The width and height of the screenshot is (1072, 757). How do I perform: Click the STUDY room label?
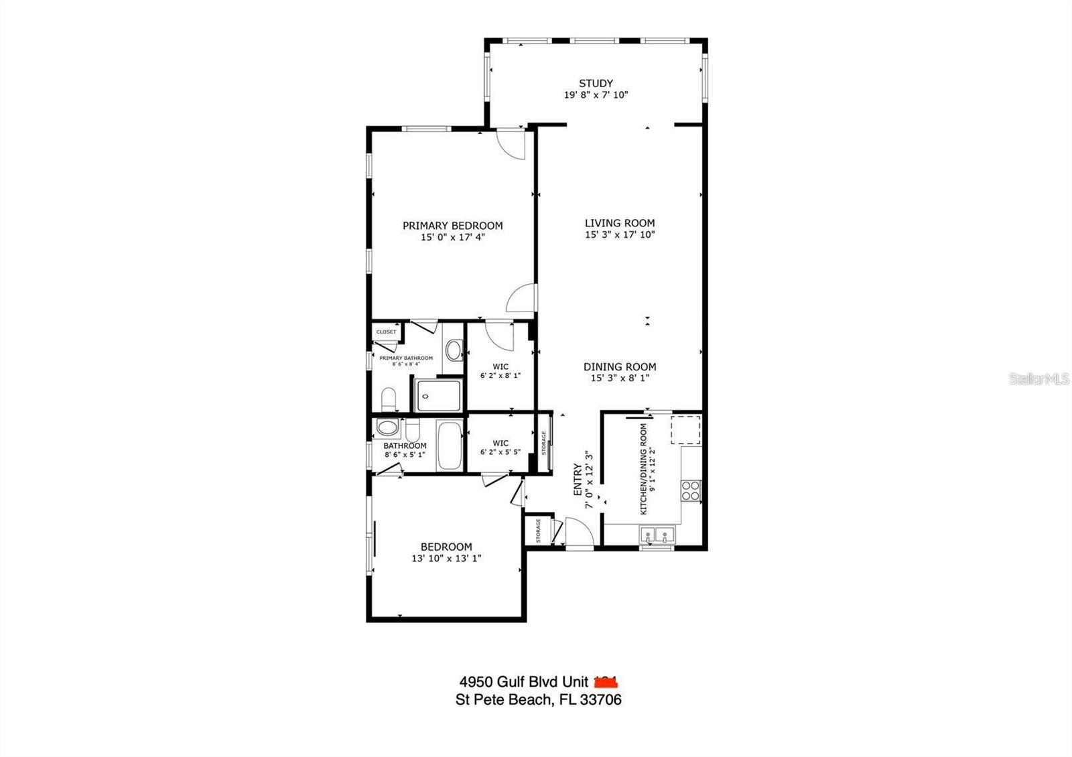[596, 83]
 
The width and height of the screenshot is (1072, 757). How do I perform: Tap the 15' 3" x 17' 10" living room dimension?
[619, 234]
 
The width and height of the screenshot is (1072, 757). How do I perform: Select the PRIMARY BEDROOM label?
[452, 226]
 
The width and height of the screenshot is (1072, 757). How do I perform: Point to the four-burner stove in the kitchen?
[691, 491]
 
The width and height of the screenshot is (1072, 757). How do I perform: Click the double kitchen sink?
[657, 535]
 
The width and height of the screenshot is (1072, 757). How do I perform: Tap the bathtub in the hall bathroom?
[450, 445]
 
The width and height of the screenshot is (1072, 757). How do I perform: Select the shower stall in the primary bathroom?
[438, 395]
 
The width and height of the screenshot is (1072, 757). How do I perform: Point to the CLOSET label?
[386, 332]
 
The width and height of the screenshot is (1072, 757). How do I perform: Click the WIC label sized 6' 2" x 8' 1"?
[500, 366]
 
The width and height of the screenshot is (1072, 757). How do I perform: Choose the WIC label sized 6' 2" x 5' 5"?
[500, 443]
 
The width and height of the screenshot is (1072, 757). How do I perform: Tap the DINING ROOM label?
[619, 366]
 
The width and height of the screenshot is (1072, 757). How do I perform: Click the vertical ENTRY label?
[578, 480]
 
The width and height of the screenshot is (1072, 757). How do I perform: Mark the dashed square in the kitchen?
[685, 430]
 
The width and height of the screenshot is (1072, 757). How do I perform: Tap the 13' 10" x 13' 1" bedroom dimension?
[446, 558]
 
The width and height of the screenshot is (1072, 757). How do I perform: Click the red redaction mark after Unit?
[606, 682]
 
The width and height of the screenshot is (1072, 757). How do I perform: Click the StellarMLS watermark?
[1038, 379]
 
